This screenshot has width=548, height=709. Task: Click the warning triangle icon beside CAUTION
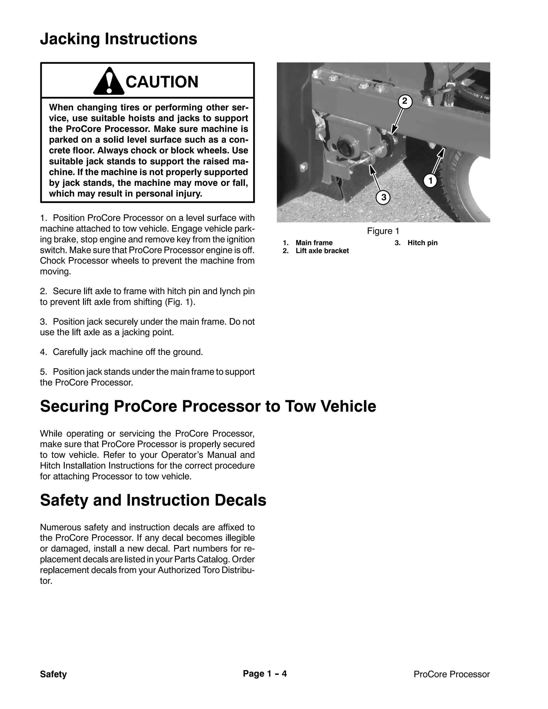coord(109,82)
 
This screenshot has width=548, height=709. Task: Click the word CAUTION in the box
coord(162,82)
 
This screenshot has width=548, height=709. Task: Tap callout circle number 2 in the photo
coord(405,102)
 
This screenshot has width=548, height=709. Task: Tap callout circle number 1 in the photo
coord(431,181)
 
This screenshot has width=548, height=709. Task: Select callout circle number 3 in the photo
coord(383,197)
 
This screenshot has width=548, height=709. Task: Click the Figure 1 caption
coord(383,231)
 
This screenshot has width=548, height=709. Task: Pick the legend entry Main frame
coord(314,243)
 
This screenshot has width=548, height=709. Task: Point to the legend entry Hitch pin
coord(422,243)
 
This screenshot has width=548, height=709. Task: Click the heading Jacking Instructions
coord(119,39)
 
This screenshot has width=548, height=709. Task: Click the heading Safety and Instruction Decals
coord(153,500)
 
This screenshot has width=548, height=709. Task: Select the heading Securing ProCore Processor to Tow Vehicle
coord(208,406)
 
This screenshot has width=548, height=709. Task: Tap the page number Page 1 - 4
coord(265,674)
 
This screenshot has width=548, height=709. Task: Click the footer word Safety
coord(53,674)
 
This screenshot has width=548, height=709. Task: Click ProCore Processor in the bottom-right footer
coord(451,674)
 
